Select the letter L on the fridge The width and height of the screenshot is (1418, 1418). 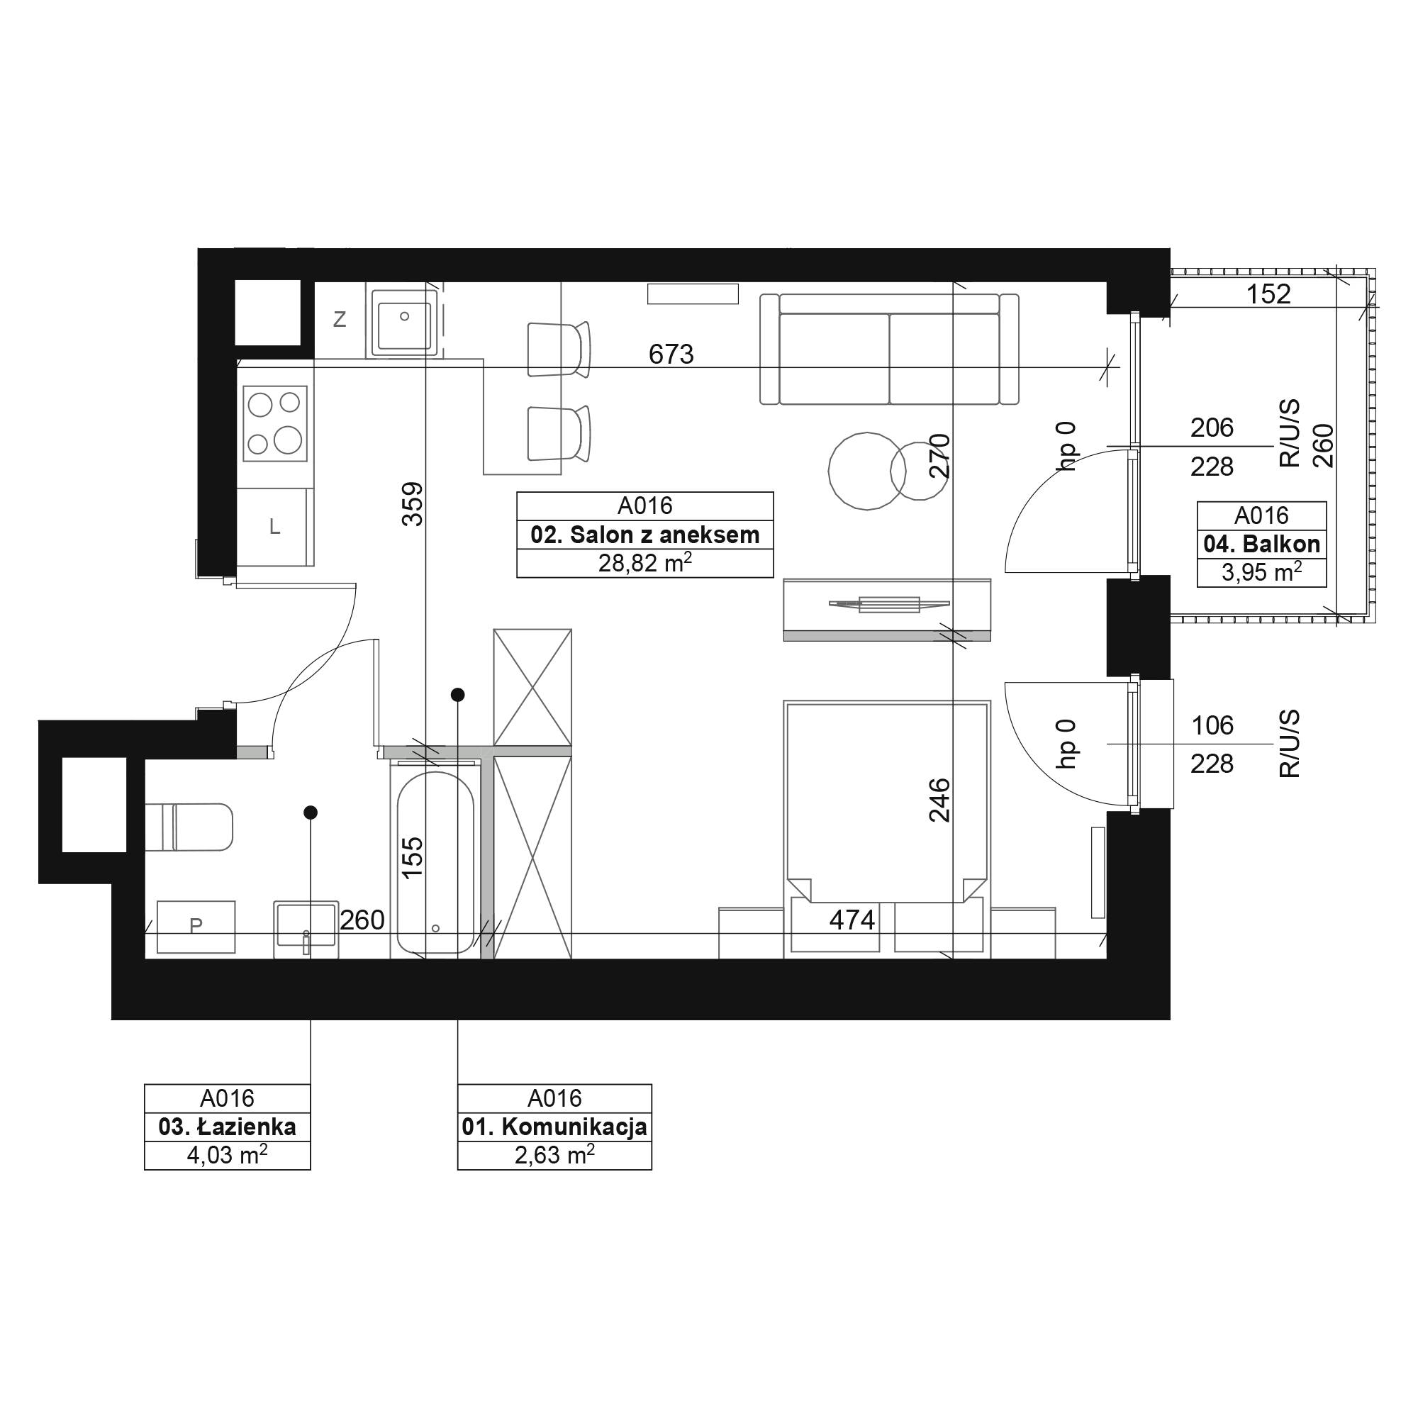click(274, 526)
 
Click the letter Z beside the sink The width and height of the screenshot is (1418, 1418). click(339, 319)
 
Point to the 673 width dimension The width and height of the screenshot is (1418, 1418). click(671, 354)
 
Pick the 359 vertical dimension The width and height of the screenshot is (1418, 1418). click(413, 503)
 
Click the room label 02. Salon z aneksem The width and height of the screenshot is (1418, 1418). click(645, 535)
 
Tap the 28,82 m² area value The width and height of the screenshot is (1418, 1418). click(645, 563)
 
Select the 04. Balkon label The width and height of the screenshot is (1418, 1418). click(1262, 544)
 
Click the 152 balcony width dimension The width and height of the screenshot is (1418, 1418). click(1268, 294)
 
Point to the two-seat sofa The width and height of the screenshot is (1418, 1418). click(890, 349)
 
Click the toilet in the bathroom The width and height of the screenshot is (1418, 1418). click(189, 827)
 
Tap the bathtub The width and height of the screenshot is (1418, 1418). click(435, 862)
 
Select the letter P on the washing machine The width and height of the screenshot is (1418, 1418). click(195, 926)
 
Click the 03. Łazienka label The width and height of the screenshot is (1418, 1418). click(228, 1127)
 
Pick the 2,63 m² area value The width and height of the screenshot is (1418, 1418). click(554, 1155)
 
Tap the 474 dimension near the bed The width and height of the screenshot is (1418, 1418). click(852, 920)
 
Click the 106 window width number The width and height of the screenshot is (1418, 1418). click(1212, 726)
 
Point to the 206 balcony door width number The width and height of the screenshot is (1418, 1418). click(1212, 428)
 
